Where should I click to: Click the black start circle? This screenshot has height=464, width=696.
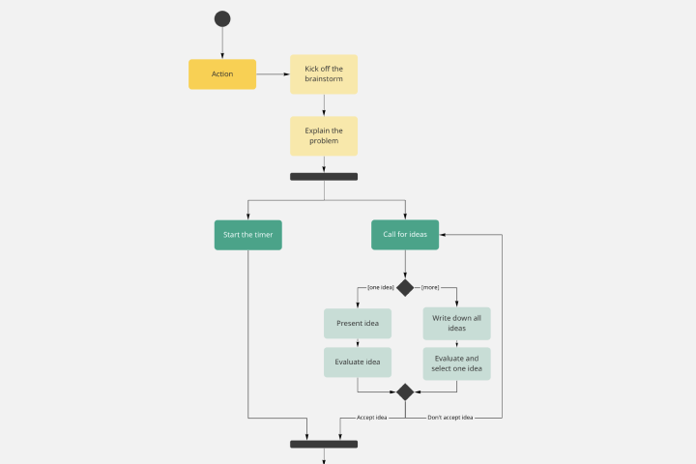tap(222, 18)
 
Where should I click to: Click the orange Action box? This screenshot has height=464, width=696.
tap(222, 74)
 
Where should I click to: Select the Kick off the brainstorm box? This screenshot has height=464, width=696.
tap(324, 74)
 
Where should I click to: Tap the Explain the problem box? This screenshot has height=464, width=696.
tap(324, 136)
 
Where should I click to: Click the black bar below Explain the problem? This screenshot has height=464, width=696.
tap(324, 177)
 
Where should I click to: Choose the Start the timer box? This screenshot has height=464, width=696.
tap(248, 235)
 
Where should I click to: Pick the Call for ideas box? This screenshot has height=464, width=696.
tap(405, 235)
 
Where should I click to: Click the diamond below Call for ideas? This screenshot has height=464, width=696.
tap(405, 287)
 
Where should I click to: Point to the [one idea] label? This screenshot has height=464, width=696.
tap(380, 287)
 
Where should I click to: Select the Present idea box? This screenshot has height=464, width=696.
tap(358, 323)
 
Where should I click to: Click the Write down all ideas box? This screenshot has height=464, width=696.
tap(456, 323)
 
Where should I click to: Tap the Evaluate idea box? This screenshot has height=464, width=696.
tap(358, 362)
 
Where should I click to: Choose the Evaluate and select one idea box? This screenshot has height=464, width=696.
tap(456, 362)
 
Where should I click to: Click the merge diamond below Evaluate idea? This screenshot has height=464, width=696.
tap(405, 391)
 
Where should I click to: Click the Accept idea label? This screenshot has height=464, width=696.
tap(372, 418)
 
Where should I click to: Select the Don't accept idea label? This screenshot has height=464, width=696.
tap(450, 418)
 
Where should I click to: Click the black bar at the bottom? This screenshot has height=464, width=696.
tap(324, 445)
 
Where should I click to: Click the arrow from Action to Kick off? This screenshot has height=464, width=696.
tap(274, 74)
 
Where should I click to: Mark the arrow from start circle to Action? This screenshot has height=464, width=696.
tap(222, 43)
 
